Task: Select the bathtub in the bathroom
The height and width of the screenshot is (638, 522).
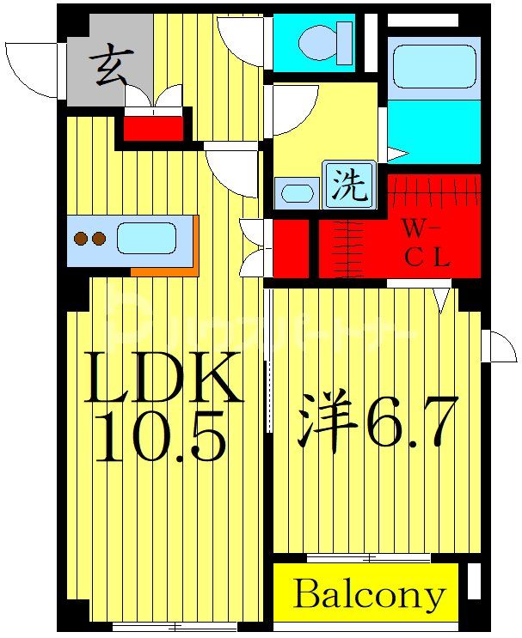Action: (x=433, y=66)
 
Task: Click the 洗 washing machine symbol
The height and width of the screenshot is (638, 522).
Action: (x=349, y=185)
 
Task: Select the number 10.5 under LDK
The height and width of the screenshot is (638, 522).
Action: (x=161, y=441)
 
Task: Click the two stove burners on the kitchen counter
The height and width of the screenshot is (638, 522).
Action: (x=89, y=239)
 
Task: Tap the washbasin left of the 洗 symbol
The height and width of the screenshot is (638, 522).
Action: (x=298, y=193)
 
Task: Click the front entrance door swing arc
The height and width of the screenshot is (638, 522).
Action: (x=33, y=69)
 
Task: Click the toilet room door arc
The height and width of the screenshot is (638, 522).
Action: (x=240, y=39)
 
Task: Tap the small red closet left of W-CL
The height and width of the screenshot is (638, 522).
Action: (x=291, y=249)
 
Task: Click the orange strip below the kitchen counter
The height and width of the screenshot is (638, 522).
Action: (x=165, y=270)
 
